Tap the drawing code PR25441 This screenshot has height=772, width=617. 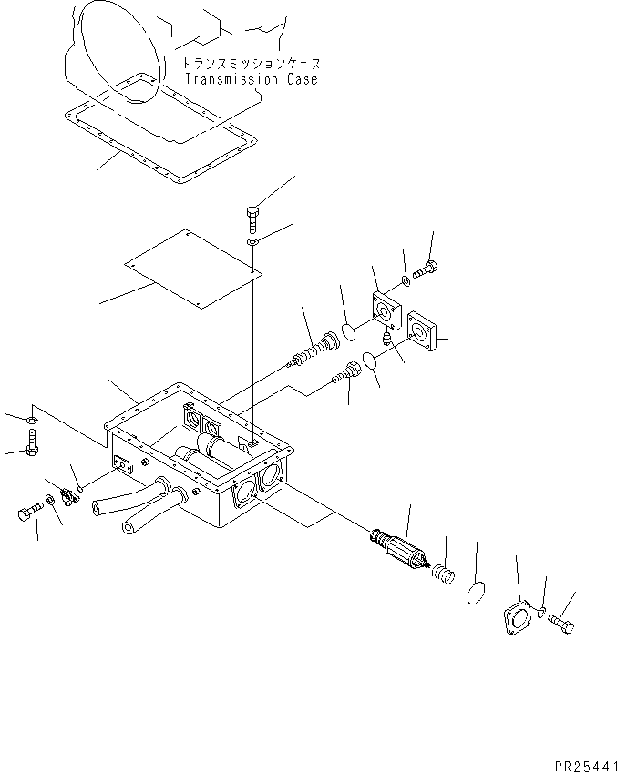click(585, 767)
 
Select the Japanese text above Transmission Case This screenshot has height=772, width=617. click(252, 64)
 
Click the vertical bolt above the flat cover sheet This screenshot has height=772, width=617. click(252, 219)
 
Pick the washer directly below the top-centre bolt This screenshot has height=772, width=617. click(252, 242)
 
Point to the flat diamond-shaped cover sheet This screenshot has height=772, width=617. click(193, 269)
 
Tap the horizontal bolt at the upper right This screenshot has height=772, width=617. click(426, 269)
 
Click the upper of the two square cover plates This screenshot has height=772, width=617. click(386, 310)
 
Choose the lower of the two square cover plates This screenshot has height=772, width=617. click(422, 330)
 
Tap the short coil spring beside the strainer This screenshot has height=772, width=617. click(443, 574)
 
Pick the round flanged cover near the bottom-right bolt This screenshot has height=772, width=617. click(517, 616)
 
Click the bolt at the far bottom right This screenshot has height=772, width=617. click(560, 624)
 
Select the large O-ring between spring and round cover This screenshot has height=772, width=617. click(476, 593)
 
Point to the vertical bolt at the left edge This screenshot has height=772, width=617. click(32, 442)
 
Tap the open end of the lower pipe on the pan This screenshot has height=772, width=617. click(129, 528)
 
